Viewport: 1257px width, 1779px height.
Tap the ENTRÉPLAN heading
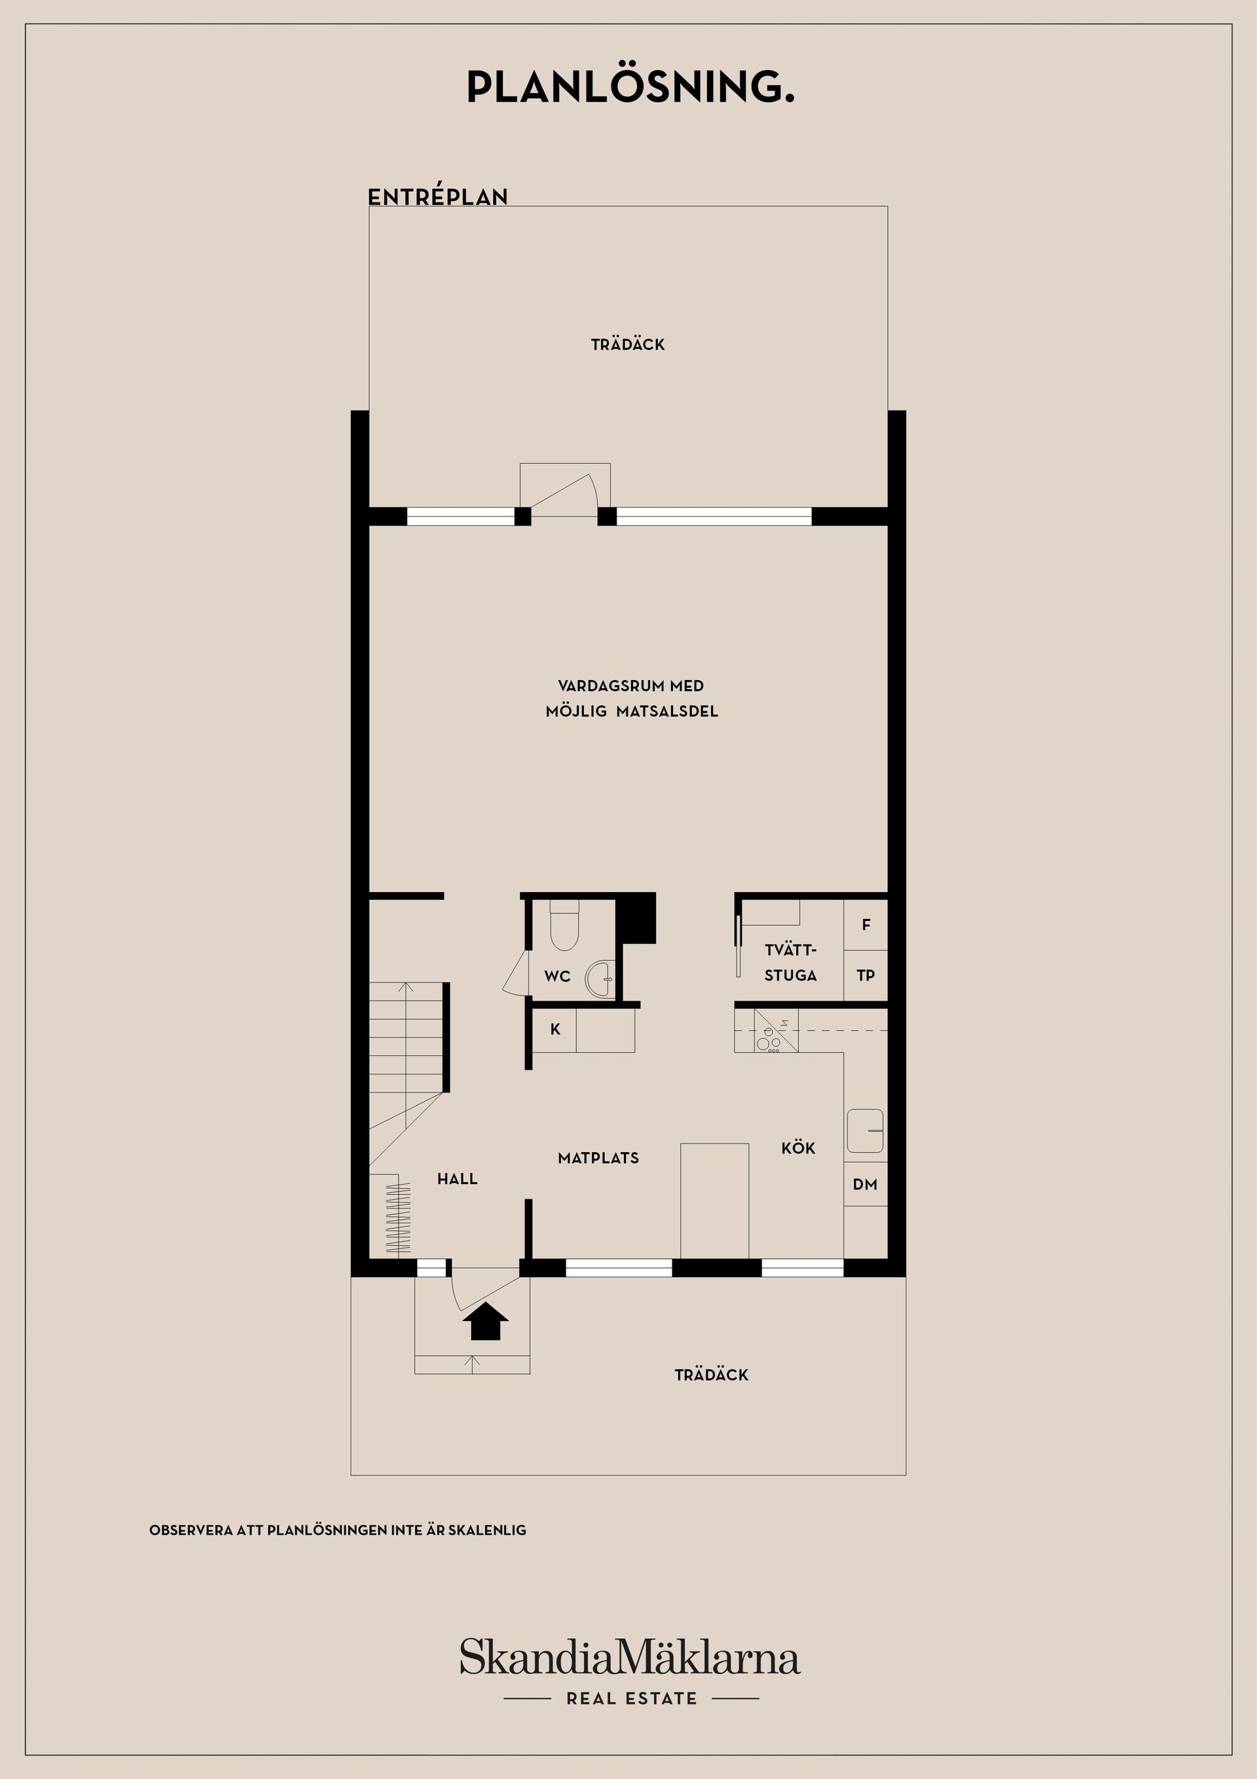[437, 197]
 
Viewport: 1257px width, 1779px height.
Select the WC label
[558, 976]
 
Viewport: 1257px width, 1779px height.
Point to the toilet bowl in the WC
[564, 926]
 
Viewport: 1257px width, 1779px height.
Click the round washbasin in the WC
[600, 979]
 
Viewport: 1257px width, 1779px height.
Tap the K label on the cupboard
[555, 1030]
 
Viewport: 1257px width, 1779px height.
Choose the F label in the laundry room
[866, 924]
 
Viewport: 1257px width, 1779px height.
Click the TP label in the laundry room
[866, 975]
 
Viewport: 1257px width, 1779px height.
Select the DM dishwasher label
[865, 1184]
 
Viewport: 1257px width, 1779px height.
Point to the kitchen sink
[865, 1131]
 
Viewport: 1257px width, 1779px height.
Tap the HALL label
[457, 1178]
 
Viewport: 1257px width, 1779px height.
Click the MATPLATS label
[598, 1157]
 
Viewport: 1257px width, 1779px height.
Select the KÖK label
[799, 1148]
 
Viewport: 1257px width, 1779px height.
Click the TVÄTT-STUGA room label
[791, 962]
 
